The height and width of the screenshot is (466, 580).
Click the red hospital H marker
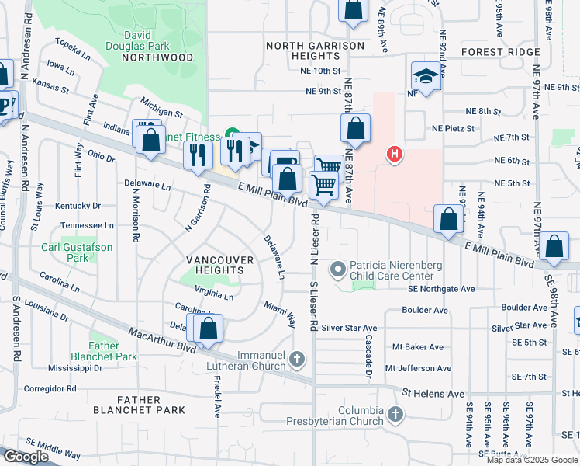tap(395, 155)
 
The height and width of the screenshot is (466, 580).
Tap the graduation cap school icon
tap(424, 76)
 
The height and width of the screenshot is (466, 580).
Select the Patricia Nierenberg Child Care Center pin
tap(337, 270)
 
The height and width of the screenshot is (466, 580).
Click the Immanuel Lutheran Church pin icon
tap(299, 359)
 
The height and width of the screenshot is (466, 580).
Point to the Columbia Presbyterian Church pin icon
tap(395, 414)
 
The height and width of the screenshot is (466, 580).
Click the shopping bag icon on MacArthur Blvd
tap(209, 329)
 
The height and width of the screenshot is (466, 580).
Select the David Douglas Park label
tap(155, 40)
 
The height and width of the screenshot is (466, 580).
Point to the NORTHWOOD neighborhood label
tap(157, 57)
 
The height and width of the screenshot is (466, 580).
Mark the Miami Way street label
tap(280, 313)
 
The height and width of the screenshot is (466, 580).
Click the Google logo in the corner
tap(26, 457)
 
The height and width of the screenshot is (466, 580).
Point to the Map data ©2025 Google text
tap(532, 460)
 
